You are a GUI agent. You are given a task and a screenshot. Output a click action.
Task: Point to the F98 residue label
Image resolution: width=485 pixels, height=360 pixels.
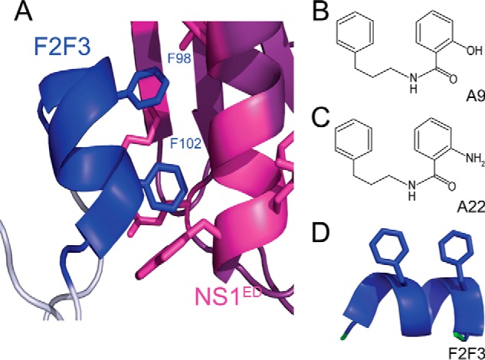(x=181, y=57)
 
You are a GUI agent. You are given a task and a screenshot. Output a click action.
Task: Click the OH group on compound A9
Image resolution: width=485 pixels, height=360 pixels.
(x=473, y=53)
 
